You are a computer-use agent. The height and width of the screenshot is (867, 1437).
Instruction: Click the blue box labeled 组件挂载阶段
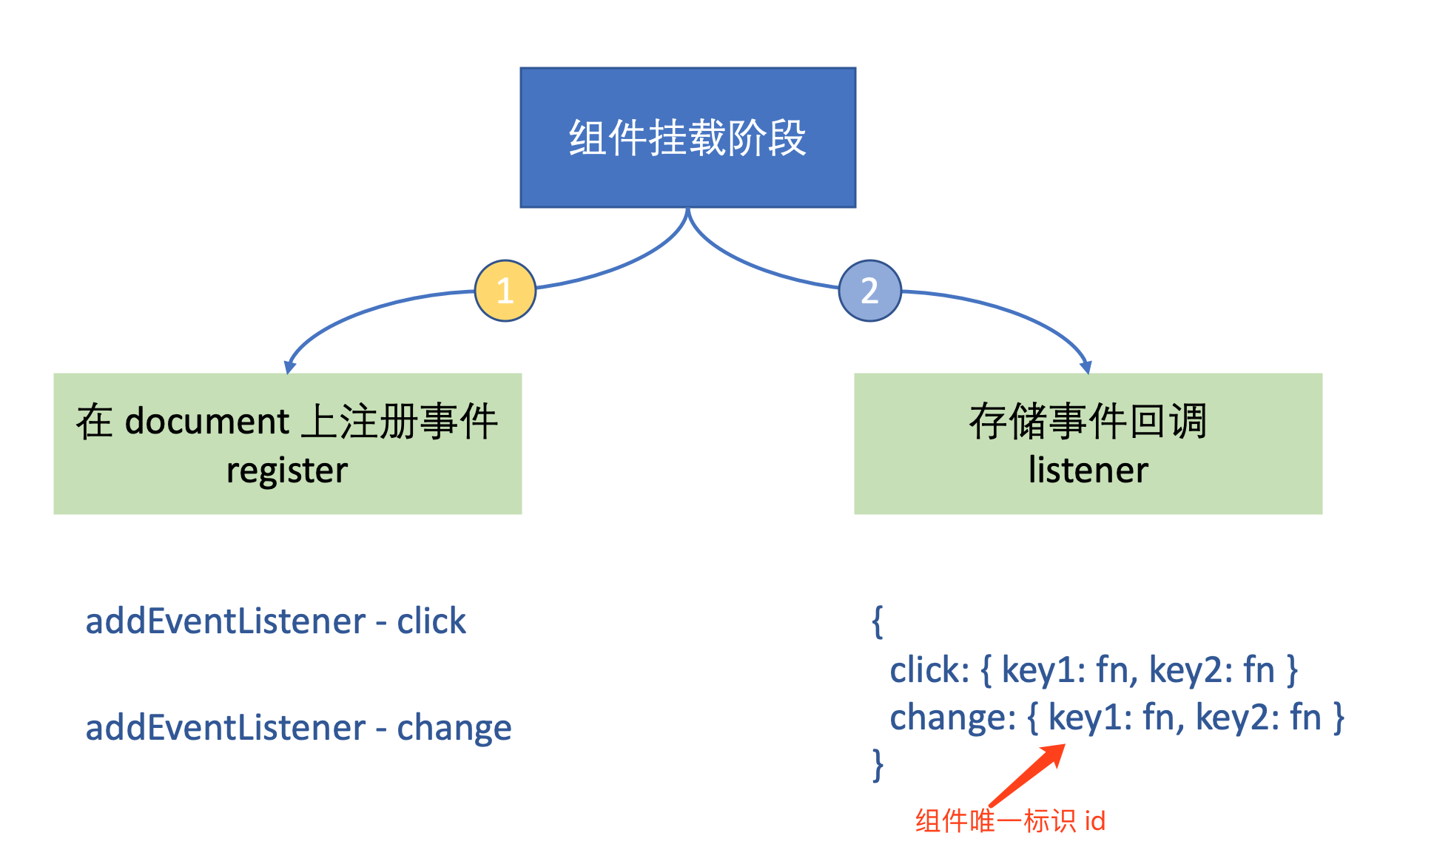(x=687, y=138)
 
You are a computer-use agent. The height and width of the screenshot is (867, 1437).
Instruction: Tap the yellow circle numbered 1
(x=505, y=291)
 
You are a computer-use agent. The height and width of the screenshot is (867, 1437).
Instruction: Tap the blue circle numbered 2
(x=869, y=291)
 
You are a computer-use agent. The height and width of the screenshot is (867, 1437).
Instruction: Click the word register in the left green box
(x=286, y=470)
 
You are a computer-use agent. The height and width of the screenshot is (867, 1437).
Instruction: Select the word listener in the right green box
(x=1088, y=470)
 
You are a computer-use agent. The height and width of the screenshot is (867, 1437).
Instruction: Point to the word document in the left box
(x=207, y=422)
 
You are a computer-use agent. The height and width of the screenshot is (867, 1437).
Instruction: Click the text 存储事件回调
(x=1088, y=422)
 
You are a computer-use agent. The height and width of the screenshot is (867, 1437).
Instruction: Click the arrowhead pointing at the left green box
(x=289, y=367)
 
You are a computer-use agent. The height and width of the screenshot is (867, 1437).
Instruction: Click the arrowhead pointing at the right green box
(x=1086, y=366)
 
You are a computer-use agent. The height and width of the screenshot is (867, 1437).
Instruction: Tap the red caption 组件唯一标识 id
(x=1010, y=821)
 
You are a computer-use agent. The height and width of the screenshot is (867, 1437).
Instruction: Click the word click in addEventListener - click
(x=431, y=621)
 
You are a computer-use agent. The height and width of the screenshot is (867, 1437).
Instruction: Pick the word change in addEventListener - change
(x=454, y=729)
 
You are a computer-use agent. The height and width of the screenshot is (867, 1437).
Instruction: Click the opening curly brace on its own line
(x=878, y=621)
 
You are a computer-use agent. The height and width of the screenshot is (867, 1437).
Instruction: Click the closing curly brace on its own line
(x=878, y=764)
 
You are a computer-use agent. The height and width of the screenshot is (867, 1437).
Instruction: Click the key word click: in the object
(x=929, y=670)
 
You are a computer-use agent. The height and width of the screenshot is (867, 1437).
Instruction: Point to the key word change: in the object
(x=952, y=718)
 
